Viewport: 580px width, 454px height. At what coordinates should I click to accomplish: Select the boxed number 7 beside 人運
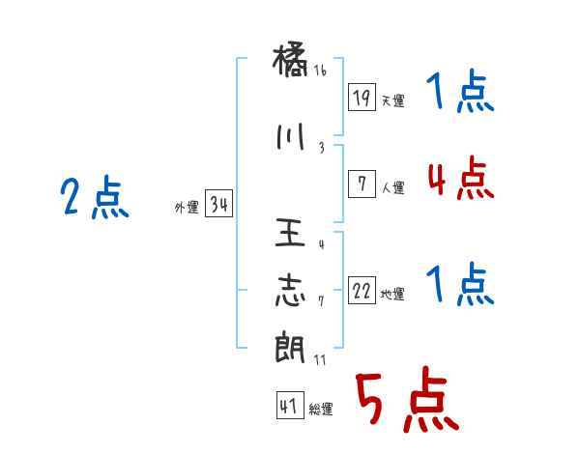[362, 184]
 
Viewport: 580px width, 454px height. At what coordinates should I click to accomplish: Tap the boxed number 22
[362, 291]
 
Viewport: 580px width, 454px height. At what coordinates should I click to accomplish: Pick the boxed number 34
[218, 205]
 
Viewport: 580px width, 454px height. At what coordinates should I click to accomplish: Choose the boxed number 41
[289, 405]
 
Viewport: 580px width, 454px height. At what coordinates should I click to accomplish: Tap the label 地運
[392, 295]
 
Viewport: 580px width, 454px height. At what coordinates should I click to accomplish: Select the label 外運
[187, 208]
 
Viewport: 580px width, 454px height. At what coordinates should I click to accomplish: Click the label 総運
[321, 410]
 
